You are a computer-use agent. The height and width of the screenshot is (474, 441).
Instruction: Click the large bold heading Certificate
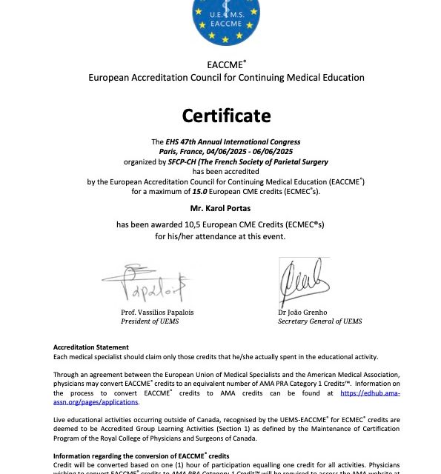[226, 116]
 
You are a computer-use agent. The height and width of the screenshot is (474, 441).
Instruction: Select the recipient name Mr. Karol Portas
[226, 208]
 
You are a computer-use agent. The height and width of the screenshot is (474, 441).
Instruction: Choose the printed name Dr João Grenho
[302, 312]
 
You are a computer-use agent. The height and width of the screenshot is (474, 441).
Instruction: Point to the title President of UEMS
[150, 321]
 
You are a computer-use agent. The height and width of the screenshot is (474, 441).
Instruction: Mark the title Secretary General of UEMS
[319, 321]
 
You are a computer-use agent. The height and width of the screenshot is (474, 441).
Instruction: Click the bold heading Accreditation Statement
[90, 347]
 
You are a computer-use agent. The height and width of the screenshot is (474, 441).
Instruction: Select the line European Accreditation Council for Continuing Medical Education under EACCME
[226, 78]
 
